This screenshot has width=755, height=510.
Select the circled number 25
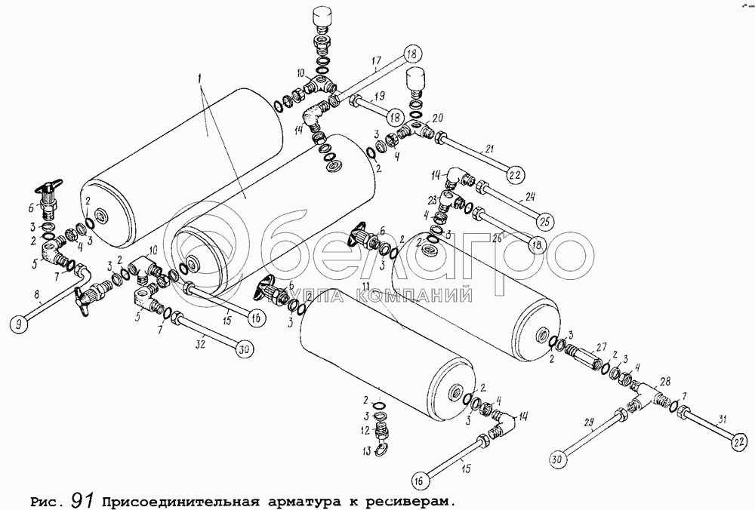click(x=544, y=222)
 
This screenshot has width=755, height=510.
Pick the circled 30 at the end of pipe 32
click(x=243, y=349)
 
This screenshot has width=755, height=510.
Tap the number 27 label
click(x=601, y=347)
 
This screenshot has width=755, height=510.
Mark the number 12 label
click(x=364, y=431)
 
